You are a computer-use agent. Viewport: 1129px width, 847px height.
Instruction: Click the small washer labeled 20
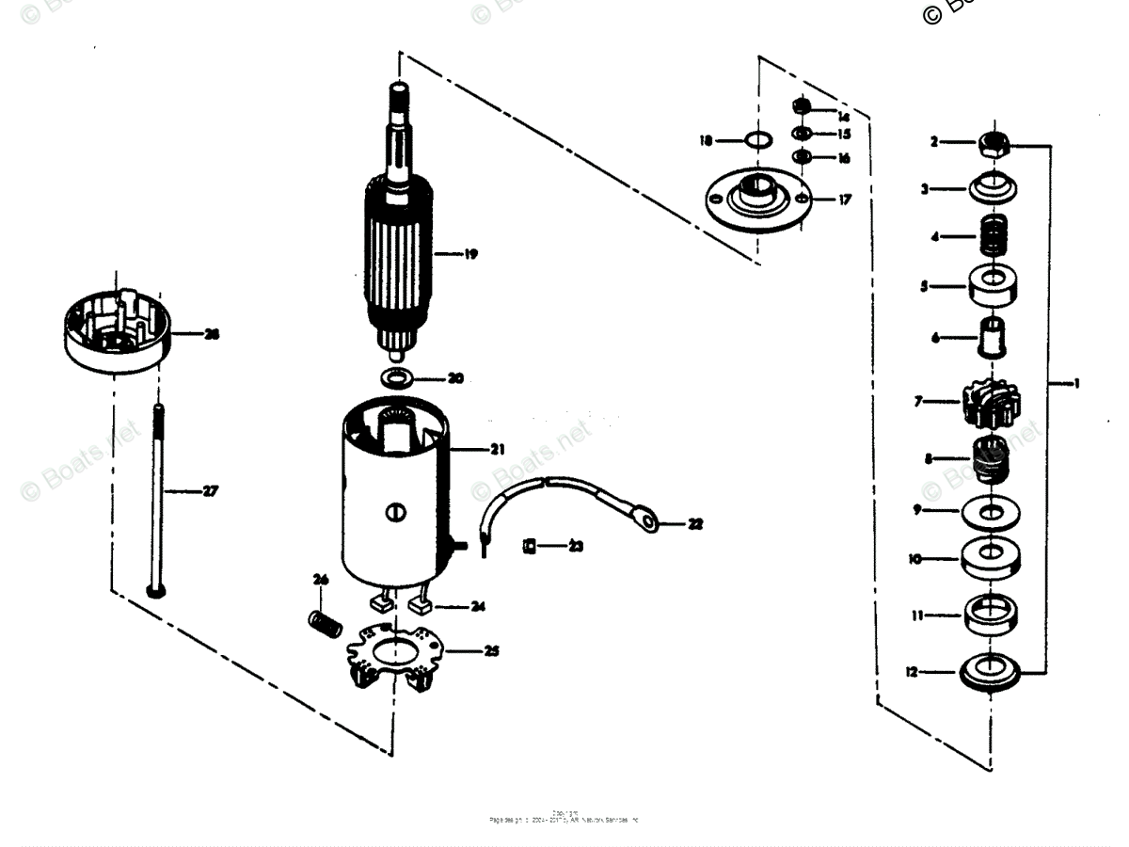399,378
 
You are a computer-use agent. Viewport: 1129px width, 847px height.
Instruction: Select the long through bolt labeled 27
155,499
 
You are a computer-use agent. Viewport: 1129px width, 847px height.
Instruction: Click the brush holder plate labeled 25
395,657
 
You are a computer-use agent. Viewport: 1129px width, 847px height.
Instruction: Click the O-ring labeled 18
758,141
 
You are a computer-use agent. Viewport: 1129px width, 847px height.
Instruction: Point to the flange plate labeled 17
757,200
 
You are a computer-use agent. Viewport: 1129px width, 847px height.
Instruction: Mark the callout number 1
1076,383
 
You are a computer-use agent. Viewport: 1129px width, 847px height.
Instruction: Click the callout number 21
497,449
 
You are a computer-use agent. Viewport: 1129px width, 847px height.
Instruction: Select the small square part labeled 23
529,546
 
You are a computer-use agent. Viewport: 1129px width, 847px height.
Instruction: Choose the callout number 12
910,672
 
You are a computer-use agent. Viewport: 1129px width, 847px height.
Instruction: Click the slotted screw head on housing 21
395,513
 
